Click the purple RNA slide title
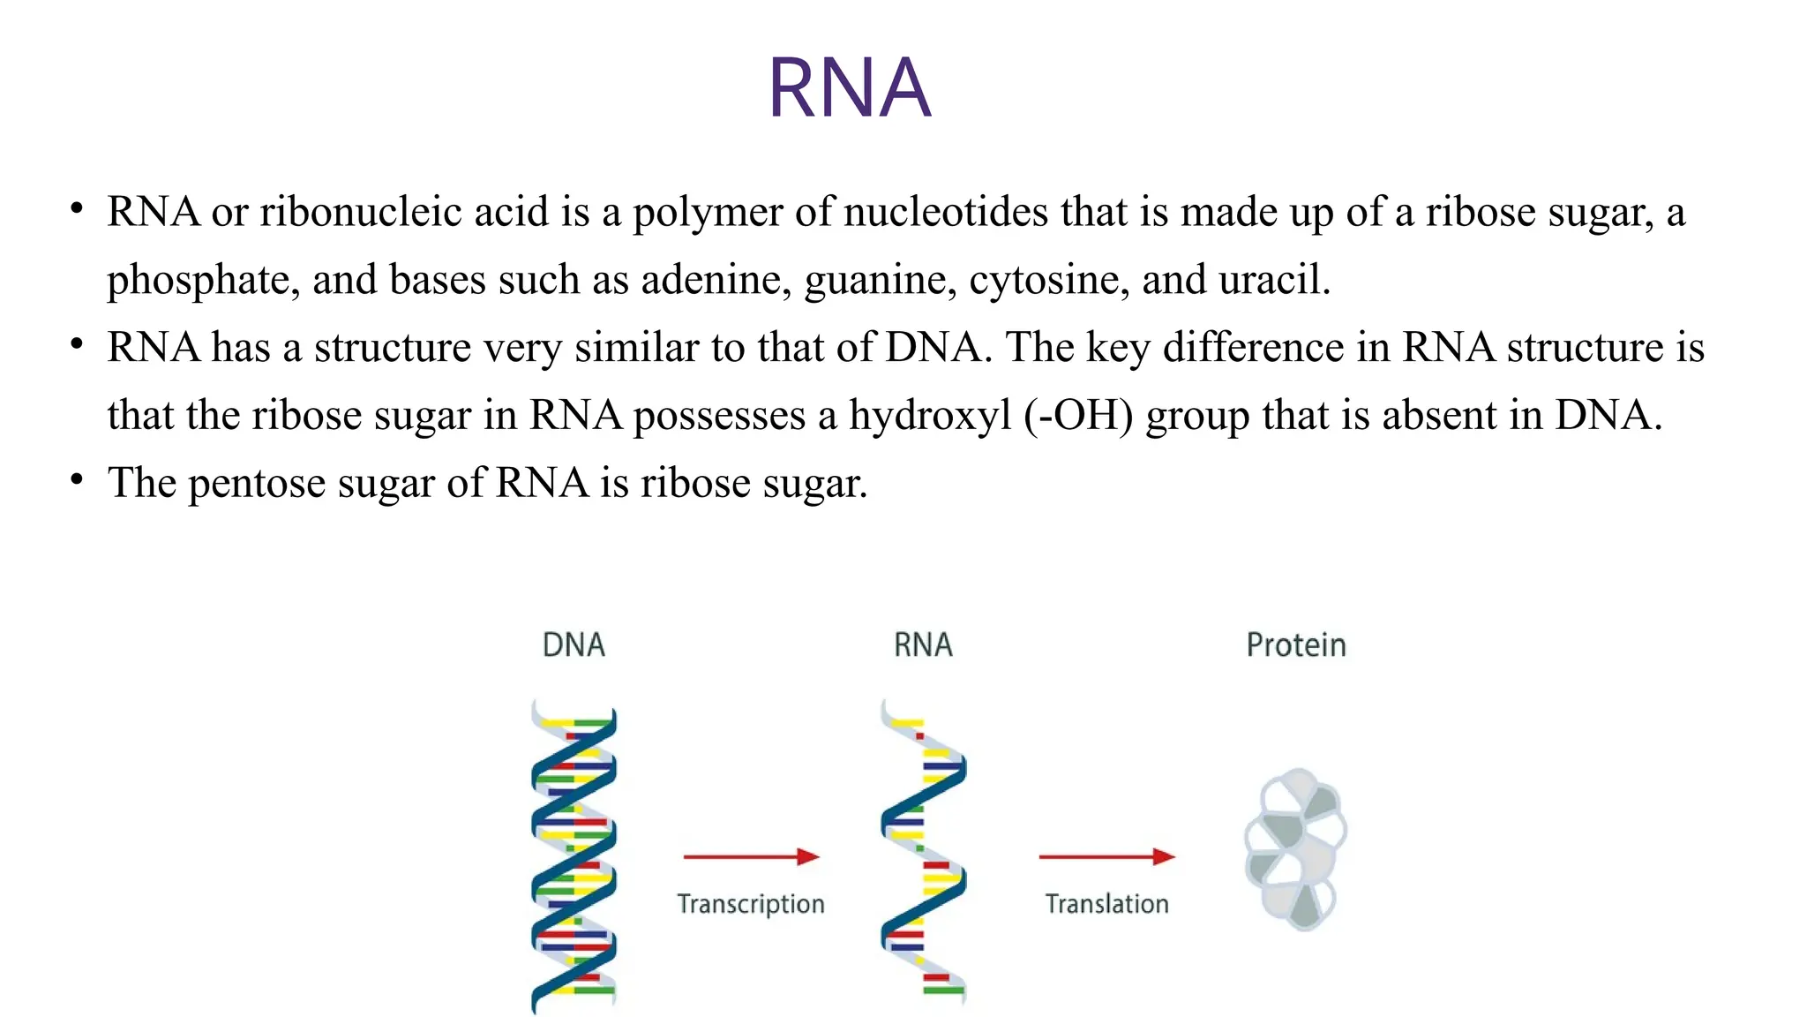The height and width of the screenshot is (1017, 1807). [850, 87]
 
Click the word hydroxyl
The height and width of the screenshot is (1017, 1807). [929, 416]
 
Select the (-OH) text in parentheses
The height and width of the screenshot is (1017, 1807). [1078, 416]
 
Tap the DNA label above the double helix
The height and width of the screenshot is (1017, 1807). [574, 645]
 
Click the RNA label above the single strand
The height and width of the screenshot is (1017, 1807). [923, 645]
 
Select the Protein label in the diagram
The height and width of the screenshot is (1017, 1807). [1295, 645]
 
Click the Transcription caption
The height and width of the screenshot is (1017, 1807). [751, 904]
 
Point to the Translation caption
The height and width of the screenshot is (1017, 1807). [1106, 904]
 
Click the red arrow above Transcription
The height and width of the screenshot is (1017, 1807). [751, 856]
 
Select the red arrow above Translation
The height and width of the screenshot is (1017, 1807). [1106, 856]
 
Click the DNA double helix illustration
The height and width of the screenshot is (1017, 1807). [574, 856]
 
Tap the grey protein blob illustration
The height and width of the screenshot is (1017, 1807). [1294, 849]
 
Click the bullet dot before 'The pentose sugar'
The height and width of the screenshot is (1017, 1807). [78, 479]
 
